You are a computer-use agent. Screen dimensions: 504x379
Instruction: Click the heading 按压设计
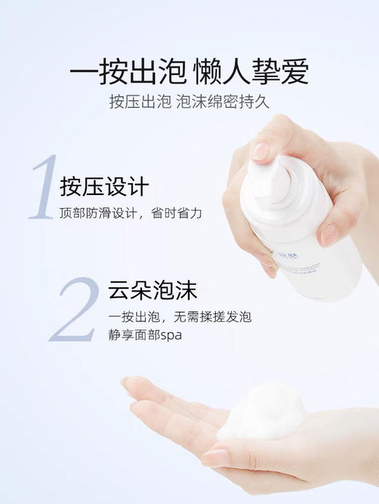[x=106, y=186]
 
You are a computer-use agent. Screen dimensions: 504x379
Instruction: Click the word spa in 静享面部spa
[x=171, y=335]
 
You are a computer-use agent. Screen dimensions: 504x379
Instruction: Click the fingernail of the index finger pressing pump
[x=260, y=151]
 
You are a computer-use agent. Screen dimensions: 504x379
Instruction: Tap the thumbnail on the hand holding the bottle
[x=329, y=234]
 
